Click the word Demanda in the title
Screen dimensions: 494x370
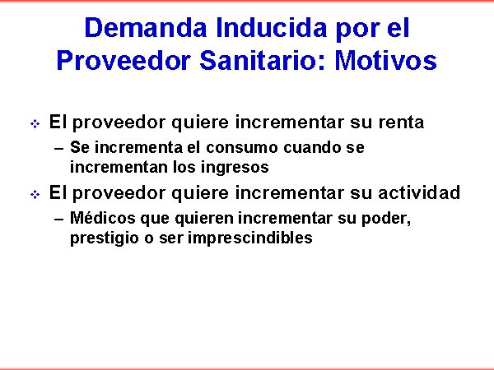click(146, 28)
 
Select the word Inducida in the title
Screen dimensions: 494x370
click(271, 28)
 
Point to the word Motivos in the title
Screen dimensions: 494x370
click(385, 60)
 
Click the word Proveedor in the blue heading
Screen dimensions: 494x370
click(123, 60)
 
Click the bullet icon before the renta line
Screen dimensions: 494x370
click(35, 123)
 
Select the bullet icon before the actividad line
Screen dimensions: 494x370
click(35, 194)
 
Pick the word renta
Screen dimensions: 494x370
click(401, 123)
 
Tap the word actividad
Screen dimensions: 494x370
click(419, 192)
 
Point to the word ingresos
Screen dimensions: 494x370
click(235, 168)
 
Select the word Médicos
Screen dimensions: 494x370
click(103, 218)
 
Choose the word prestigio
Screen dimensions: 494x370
click(105, 238)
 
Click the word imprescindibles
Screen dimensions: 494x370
click(250, 238)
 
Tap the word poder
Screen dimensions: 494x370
click(386, 219)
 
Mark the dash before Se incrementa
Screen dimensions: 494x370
click(59, 149)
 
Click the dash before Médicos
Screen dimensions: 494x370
click(59, 220)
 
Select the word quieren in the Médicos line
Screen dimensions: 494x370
click(204, 219)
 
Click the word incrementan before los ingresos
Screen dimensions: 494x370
click(118, 167)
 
